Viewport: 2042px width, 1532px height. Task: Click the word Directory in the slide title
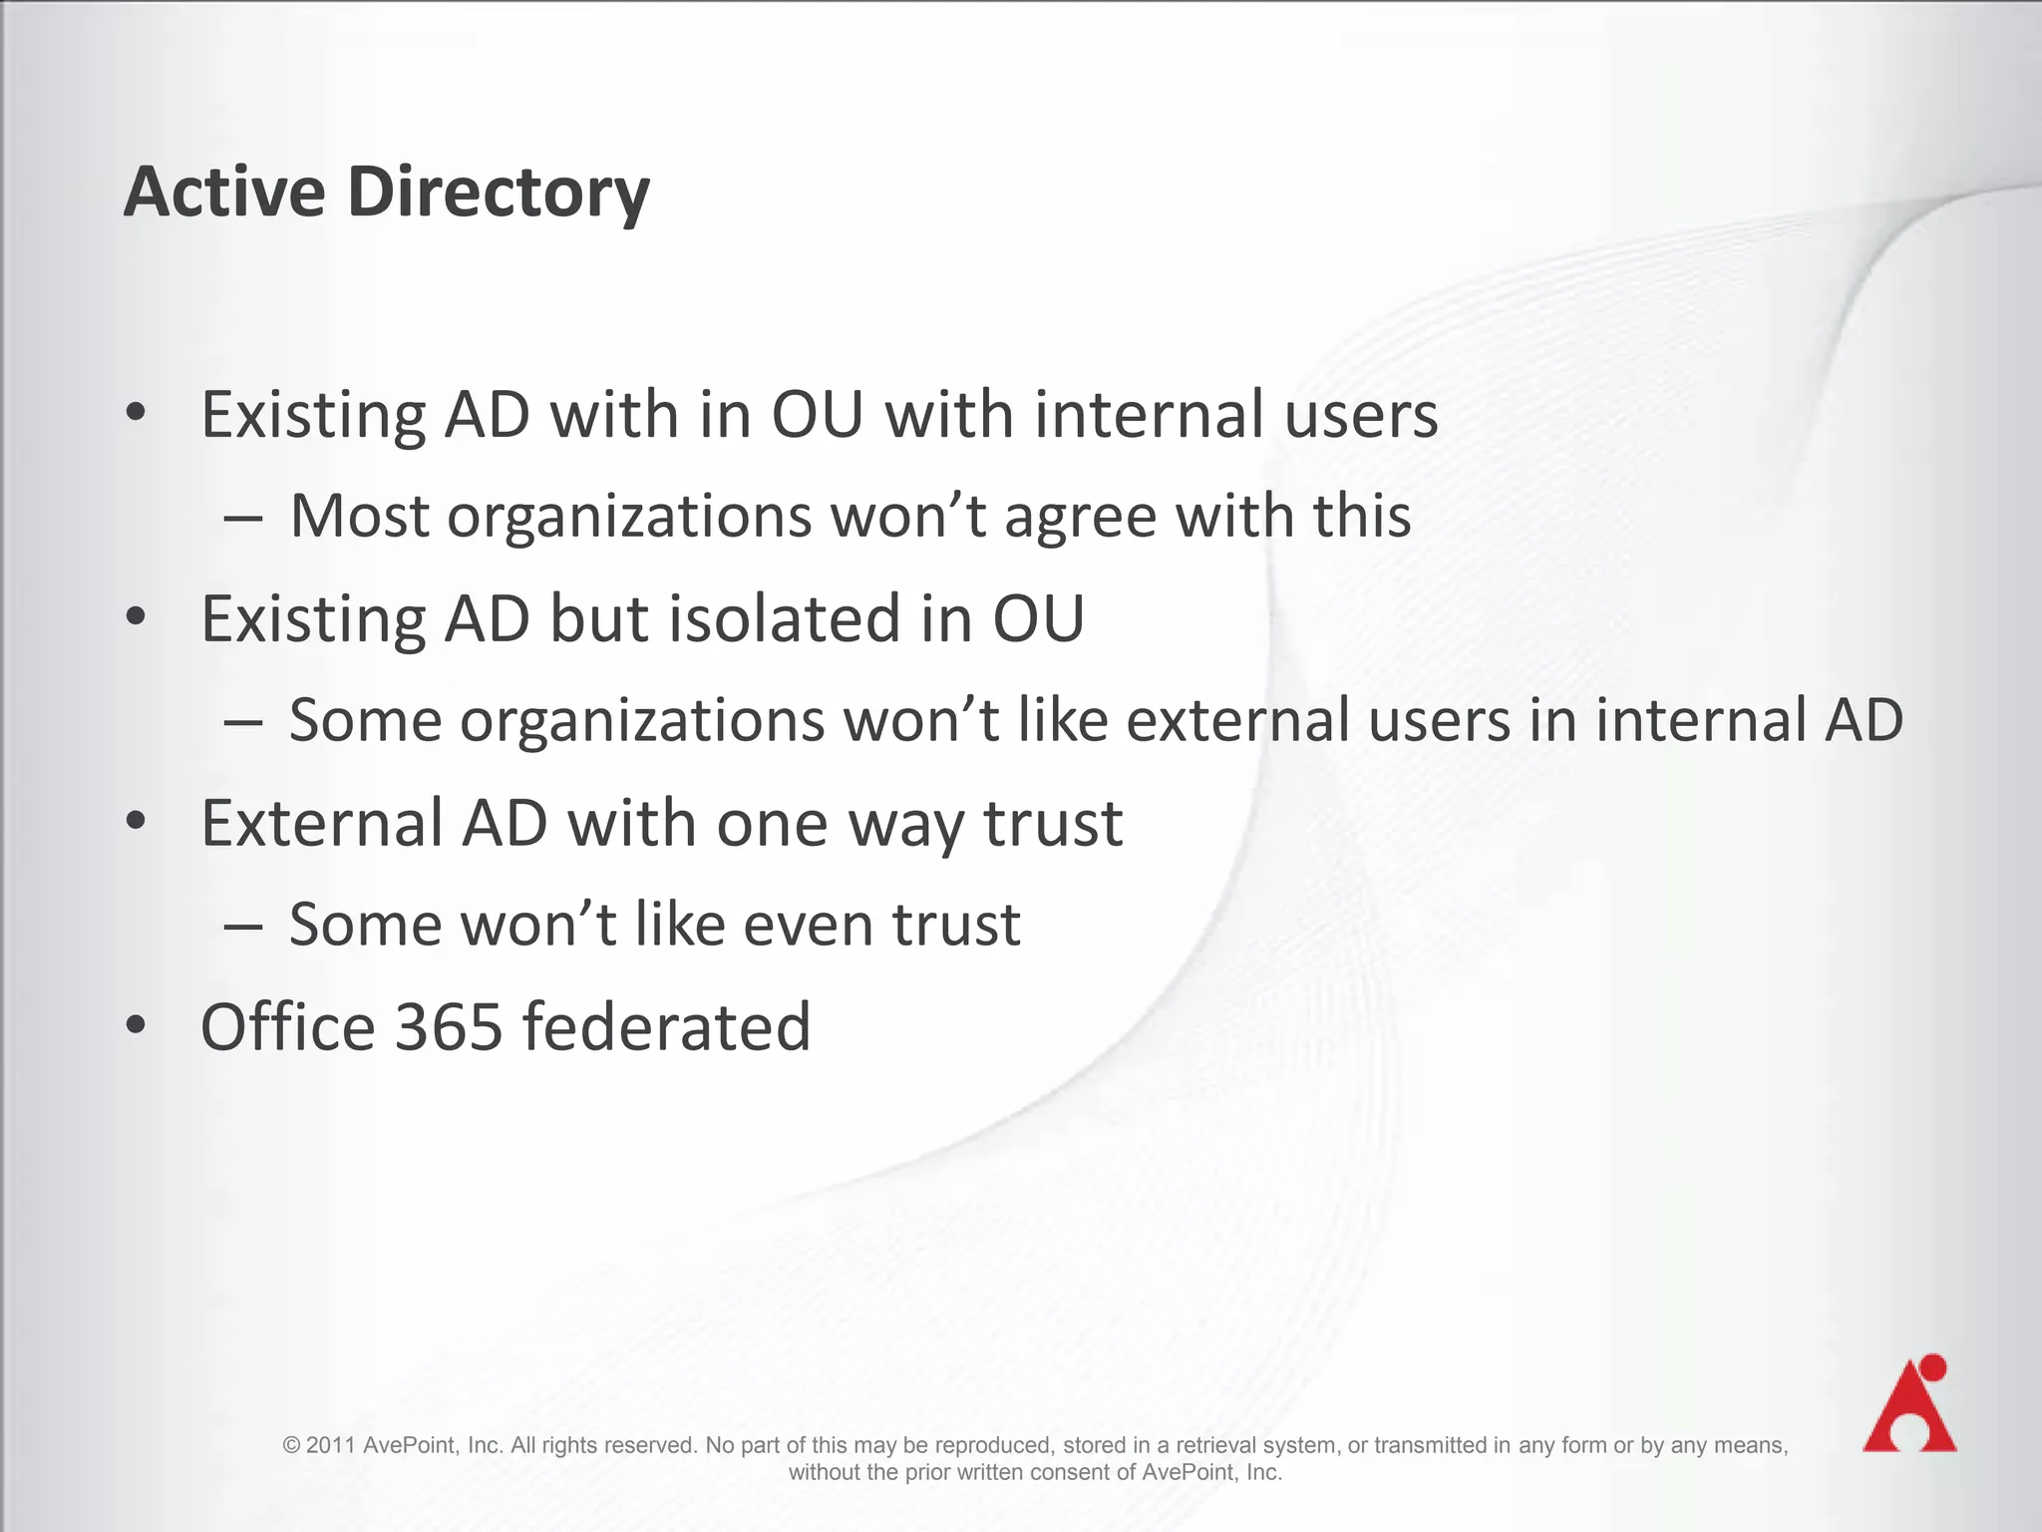[499, 191]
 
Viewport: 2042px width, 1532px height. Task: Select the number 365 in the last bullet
[449, 1026]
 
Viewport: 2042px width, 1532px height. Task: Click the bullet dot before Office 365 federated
[137, 1025]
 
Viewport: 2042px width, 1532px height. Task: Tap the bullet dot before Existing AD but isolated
[137, 617]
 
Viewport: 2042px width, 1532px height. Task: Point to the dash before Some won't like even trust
[243, 926]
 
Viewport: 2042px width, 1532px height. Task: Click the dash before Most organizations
[243, 518]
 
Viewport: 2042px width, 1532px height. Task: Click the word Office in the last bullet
[288, 1026]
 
